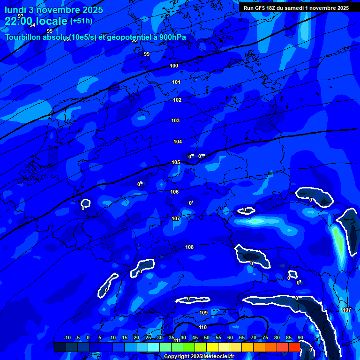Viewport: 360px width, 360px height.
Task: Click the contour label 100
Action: point(174,66)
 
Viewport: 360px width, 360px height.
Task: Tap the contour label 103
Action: point(175,121)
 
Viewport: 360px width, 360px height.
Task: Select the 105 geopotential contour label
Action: point(176,163)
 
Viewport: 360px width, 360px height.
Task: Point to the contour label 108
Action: point(189,247)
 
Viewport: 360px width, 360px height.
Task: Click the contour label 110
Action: point(202,328)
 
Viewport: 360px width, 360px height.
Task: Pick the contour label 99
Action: point(147,54)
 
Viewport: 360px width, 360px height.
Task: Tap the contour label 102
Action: point(177,100)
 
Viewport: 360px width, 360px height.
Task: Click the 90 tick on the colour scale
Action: point(300,338)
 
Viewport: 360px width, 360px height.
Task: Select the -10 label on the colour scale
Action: point(67,338)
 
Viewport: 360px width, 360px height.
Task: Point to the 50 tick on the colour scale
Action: point(206,338)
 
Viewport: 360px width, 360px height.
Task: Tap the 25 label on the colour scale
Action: point(148,338)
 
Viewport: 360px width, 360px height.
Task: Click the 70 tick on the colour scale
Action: point(253,338)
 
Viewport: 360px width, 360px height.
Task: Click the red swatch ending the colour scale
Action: point(294,347)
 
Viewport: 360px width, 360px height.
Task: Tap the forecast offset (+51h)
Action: point(81,21)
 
